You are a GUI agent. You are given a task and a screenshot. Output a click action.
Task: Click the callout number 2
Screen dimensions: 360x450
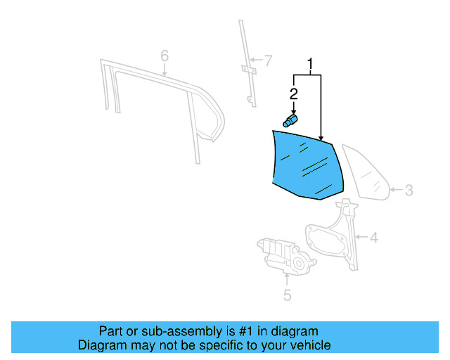294,94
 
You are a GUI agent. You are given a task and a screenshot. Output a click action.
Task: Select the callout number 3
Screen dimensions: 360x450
409,190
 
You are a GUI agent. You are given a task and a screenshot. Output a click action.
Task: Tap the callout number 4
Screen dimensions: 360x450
373,238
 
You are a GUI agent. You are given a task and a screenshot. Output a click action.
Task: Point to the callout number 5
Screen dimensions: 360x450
287,295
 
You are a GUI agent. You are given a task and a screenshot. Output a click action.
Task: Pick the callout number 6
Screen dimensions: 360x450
165,55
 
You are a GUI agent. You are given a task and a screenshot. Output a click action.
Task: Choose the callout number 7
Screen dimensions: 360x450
267,60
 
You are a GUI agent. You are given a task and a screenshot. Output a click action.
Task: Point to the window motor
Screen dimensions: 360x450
285,255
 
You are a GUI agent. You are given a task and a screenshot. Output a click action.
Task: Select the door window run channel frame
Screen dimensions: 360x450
162,98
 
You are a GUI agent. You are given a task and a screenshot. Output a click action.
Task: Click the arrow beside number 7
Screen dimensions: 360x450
256,60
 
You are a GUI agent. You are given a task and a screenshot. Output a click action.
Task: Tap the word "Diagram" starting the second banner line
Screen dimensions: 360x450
101,345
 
